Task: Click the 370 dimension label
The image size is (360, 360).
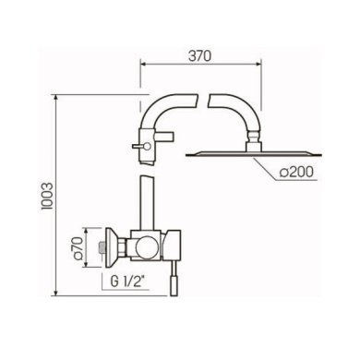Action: [x=200, y=56]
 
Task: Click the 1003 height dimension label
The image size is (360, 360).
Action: [x=48, y=197]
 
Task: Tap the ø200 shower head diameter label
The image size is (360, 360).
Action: [x=296, y=172]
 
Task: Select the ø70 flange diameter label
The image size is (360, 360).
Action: [x=78, y=247]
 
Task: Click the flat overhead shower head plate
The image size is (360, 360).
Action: [x=254, y=154]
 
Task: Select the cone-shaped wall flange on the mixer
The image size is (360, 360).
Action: [x=112, y=247]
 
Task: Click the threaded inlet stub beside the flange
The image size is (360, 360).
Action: [x=102, y=247]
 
